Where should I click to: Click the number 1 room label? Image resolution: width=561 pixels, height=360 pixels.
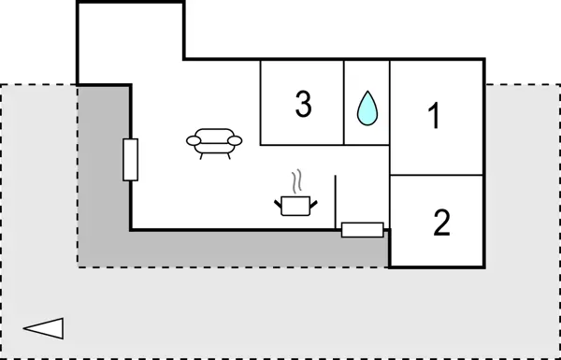click(433, 116)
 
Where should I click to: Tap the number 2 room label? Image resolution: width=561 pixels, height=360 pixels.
click(441, 223)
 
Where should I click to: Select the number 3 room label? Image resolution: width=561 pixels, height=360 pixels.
click(302, 105)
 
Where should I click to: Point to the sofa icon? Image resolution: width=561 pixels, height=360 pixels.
click(214, 141)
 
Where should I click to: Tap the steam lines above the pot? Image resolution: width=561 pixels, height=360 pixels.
click(297, 180)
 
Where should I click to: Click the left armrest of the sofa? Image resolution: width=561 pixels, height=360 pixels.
click(194, 140)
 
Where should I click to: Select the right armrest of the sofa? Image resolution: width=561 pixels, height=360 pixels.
click(235, 140)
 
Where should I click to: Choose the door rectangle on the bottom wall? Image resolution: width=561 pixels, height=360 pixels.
click(362, 229)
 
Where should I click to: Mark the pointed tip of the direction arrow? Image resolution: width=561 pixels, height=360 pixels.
click(23, 327)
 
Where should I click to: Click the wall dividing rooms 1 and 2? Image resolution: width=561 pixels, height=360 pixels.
click(437, 175)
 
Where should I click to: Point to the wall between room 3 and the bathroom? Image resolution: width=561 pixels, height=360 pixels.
click(345, 103)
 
